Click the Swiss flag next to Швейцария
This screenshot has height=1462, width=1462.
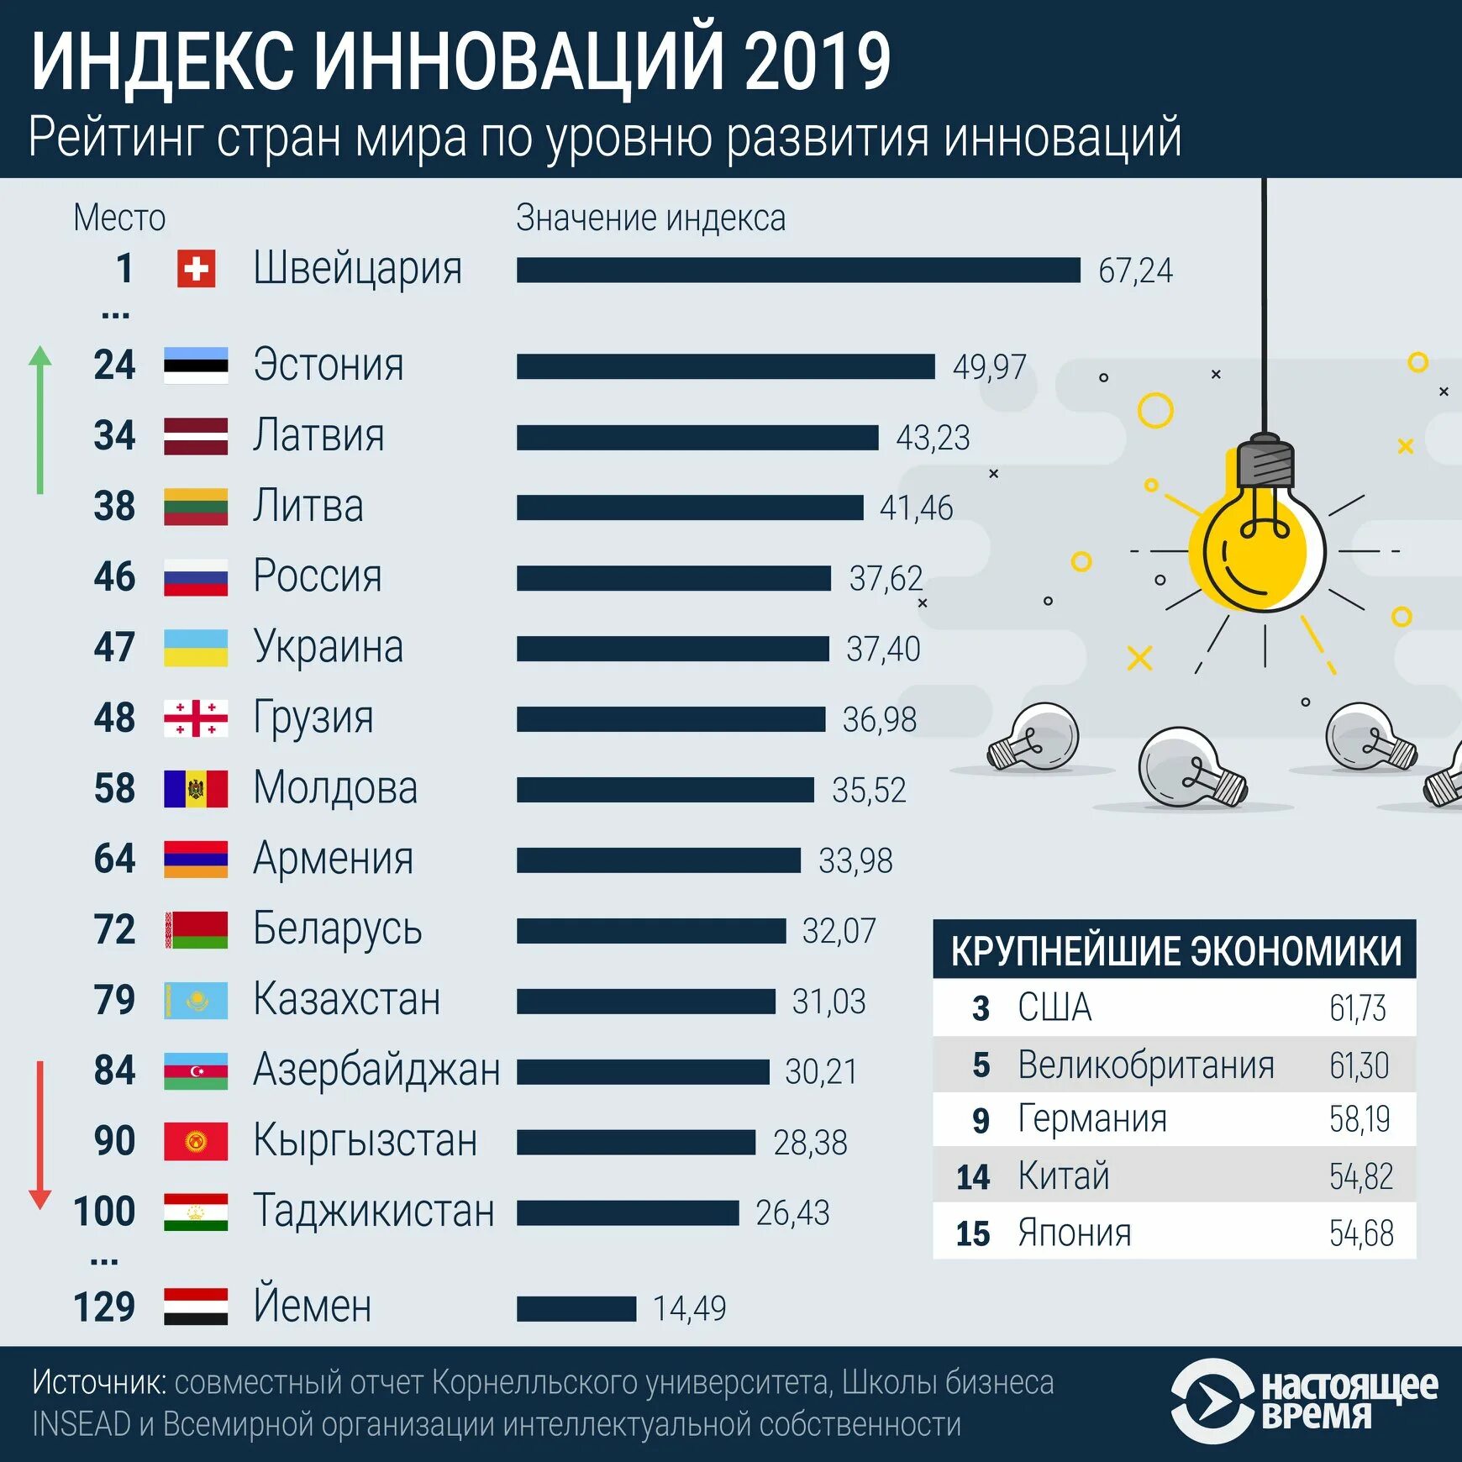click(196, 270)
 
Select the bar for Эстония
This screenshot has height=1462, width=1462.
click(725, 366)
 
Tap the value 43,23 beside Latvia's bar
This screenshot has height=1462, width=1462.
click(933, 438)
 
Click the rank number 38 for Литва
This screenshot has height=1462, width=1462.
click(114, 507)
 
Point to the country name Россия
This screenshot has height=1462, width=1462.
click(318, 576)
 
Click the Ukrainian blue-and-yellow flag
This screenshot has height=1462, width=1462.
click(196, 648)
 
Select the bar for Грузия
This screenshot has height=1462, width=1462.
click(671, 719)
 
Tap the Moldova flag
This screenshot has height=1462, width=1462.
click(196, 789)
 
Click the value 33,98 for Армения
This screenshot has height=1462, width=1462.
click(855, 860)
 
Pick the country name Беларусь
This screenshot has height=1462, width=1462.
click(337, 929)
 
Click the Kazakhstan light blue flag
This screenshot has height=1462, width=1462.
click(196, 1001)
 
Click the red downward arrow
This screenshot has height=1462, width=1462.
click(39, 1134)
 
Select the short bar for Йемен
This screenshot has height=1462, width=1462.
click(576, 1308)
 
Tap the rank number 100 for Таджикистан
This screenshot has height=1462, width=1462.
click(104, 1212)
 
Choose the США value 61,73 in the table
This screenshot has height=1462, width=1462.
click(1357, 1008)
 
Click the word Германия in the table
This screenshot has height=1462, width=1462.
click(1091, 1119)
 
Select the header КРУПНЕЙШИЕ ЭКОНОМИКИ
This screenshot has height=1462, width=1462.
click(1175, 951)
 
